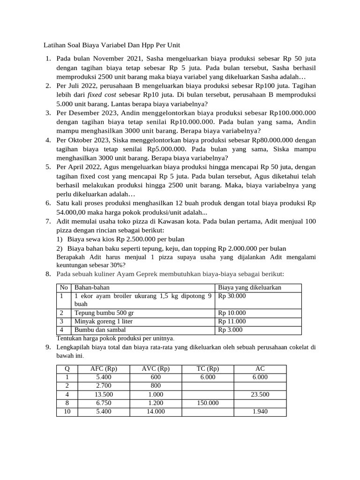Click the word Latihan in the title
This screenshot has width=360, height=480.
coord(54,45)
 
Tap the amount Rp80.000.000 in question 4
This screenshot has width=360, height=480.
coord(275,140)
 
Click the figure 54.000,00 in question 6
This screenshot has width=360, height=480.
coord(72,212)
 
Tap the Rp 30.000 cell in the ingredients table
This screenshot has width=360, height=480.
coord(232,296)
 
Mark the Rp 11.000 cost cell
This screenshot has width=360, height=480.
coord(232,321)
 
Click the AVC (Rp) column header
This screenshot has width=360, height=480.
coord(156,368)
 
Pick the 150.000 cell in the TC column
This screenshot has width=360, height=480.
coord(207,403)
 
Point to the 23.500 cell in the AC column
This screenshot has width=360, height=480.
coord(260,394)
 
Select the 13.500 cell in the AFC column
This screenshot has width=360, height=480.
coord(104,394)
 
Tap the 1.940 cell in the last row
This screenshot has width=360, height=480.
coord(260,412)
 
